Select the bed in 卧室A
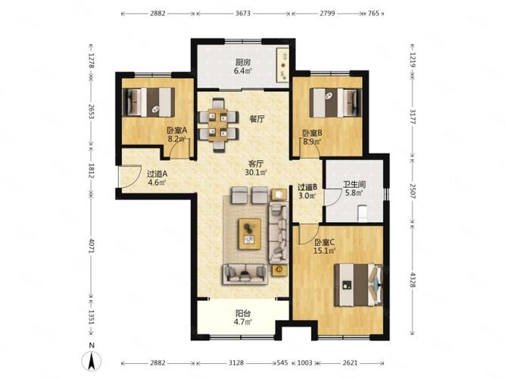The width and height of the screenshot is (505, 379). pos(147,100)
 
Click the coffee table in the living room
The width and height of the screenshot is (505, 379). pos(250,233)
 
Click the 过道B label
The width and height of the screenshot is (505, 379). pos(307,187)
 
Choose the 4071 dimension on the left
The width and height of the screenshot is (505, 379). pos(91,251)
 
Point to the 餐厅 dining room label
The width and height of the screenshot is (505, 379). pos(256,118)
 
